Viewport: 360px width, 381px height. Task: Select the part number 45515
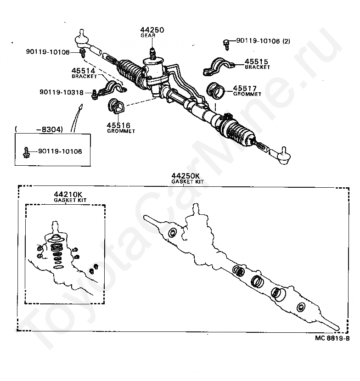(x=256, y=61)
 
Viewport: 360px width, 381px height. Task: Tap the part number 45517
(x=245, y=88)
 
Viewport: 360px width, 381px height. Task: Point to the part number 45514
(x=83, y=70)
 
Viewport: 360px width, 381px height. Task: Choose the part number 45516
(x=118, y=125)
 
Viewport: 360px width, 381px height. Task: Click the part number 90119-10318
(x=62, y=92)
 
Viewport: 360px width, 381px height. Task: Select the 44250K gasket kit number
(x=186, y=176)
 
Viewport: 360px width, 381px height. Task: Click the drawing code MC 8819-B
(x=332, y=338)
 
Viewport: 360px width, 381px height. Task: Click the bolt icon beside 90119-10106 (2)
(x=226, y=43)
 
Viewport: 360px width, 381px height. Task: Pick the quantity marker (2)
(x=286, y=41)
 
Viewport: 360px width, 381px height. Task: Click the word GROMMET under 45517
(x=247, y=94)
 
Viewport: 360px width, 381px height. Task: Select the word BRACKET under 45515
(x=257, y=67)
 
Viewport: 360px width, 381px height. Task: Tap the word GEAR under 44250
(x=152, y=35)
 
